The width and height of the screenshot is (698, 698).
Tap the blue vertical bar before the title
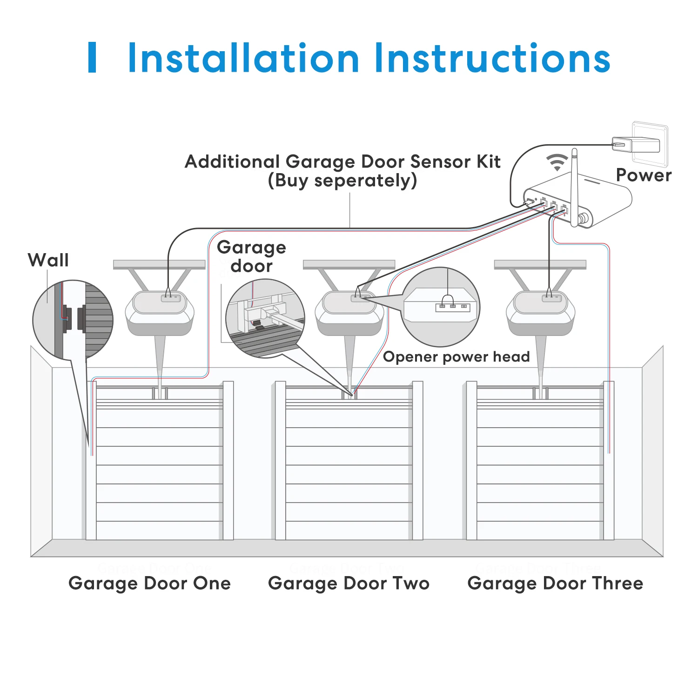92,57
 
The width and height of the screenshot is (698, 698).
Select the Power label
644,175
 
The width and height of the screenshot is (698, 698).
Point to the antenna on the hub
574,186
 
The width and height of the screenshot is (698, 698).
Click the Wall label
48,260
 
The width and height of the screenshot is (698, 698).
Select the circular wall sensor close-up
73,320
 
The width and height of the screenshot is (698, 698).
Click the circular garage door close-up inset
265,318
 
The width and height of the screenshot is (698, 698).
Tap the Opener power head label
456,357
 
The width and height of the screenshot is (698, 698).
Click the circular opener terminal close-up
440,307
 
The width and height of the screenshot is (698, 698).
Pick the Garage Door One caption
149,583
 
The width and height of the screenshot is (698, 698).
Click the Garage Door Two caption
349,583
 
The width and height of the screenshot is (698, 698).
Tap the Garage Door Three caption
555,583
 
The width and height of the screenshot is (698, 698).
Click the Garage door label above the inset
251,256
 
